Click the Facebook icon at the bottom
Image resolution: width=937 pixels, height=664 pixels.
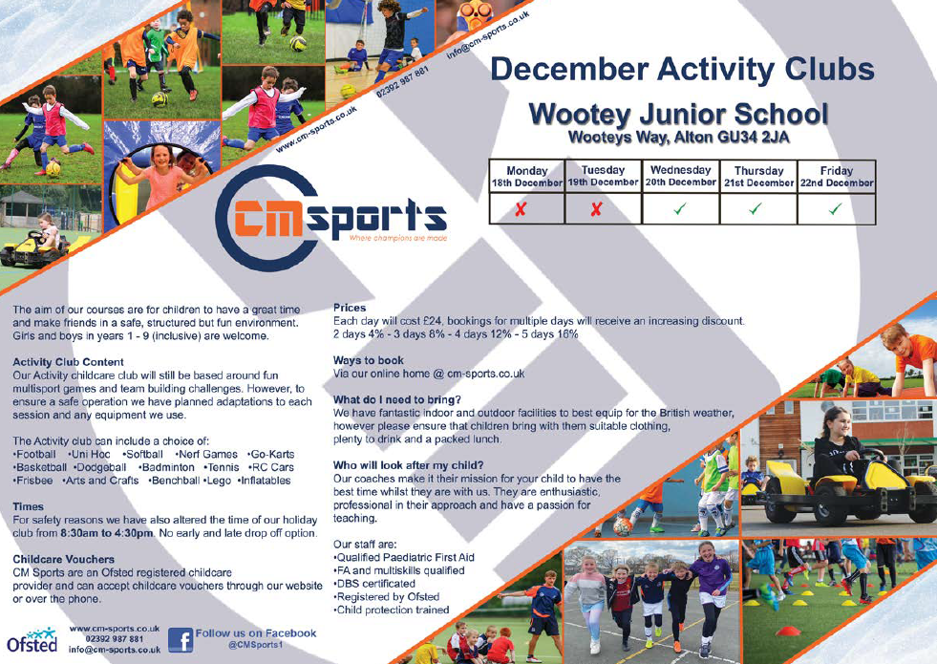181,640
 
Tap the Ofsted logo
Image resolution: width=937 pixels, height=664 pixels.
32,640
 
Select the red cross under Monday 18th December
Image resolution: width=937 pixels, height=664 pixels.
522,209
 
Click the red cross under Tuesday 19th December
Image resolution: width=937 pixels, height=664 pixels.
596,209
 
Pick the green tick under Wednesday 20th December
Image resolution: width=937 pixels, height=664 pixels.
679,208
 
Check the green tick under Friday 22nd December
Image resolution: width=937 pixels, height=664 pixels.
836,208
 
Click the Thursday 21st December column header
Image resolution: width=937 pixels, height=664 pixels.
759,177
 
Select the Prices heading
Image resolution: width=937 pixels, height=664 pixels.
350,308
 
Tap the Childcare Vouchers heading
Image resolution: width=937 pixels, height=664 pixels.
63,560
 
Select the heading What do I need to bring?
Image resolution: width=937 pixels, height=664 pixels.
397,400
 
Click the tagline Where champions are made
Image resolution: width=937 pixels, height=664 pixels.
398,239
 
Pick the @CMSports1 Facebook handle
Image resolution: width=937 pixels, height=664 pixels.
255,646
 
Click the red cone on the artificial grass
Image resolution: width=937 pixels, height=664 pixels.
788,632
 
